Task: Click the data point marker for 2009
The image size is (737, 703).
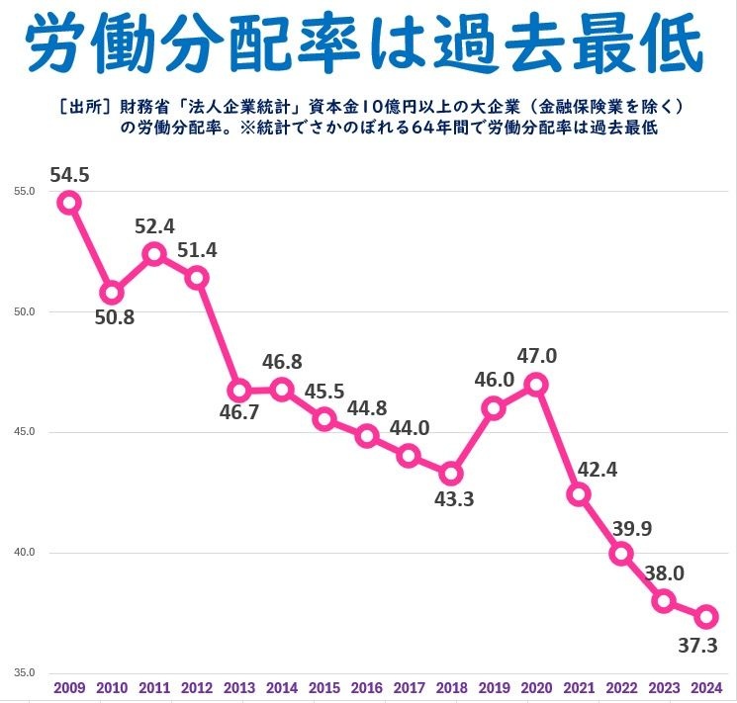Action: [68, 203]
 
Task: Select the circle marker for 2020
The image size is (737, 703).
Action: [536, 384]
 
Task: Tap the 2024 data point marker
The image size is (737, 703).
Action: [706, 617]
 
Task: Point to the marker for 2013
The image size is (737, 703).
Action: [238, 390]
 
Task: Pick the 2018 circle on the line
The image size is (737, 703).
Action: [451, 473]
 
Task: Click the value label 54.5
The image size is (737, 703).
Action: [69, 175]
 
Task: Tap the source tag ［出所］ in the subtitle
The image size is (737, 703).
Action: [86, 107]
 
